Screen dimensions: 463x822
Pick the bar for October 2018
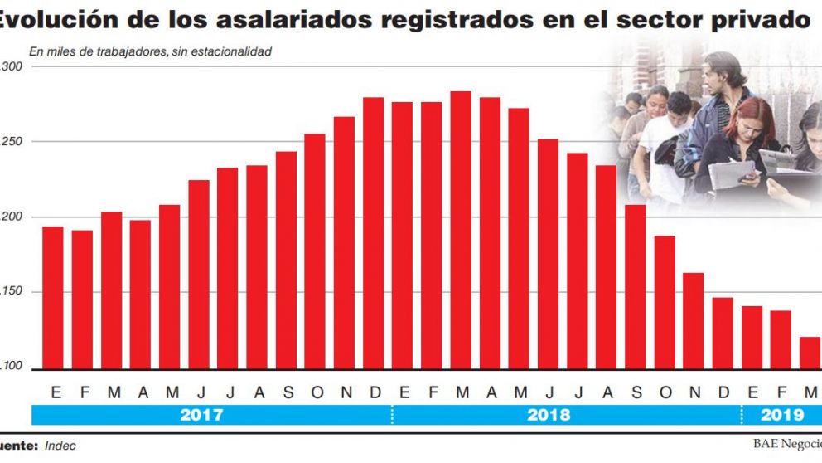click(x=665, y=302)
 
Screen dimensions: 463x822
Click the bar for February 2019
click(x=781, y=339)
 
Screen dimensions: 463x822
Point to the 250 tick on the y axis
click(x=12, y=142)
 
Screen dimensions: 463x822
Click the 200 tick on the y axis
click(x=12, y=217)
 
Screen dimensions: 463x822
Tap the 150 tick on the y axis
click(x=12, y=292)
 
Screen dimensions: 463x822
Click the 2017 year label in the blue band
click(x=201, y=415)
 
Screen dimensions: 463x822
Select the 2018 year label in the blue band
click(x=549, y=415)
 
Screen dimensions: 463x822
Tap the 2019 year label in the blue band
click(x=781, y=415)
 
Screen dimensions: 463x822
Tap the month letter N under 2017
click(x=346, y=392)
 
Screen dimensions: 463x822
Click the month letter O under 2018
click(x=665, y=392)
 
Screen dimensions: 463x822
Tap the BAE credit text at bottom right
click(x=786, y=445)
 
